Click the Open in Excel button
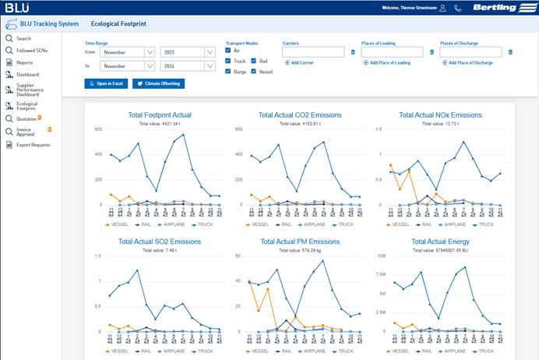point(105,83)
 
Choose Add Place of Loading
point(387,62)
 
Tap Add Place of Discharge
point(466,62)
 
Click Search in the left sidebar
point(23,38)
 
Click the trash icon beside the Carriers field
point(352,52)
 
